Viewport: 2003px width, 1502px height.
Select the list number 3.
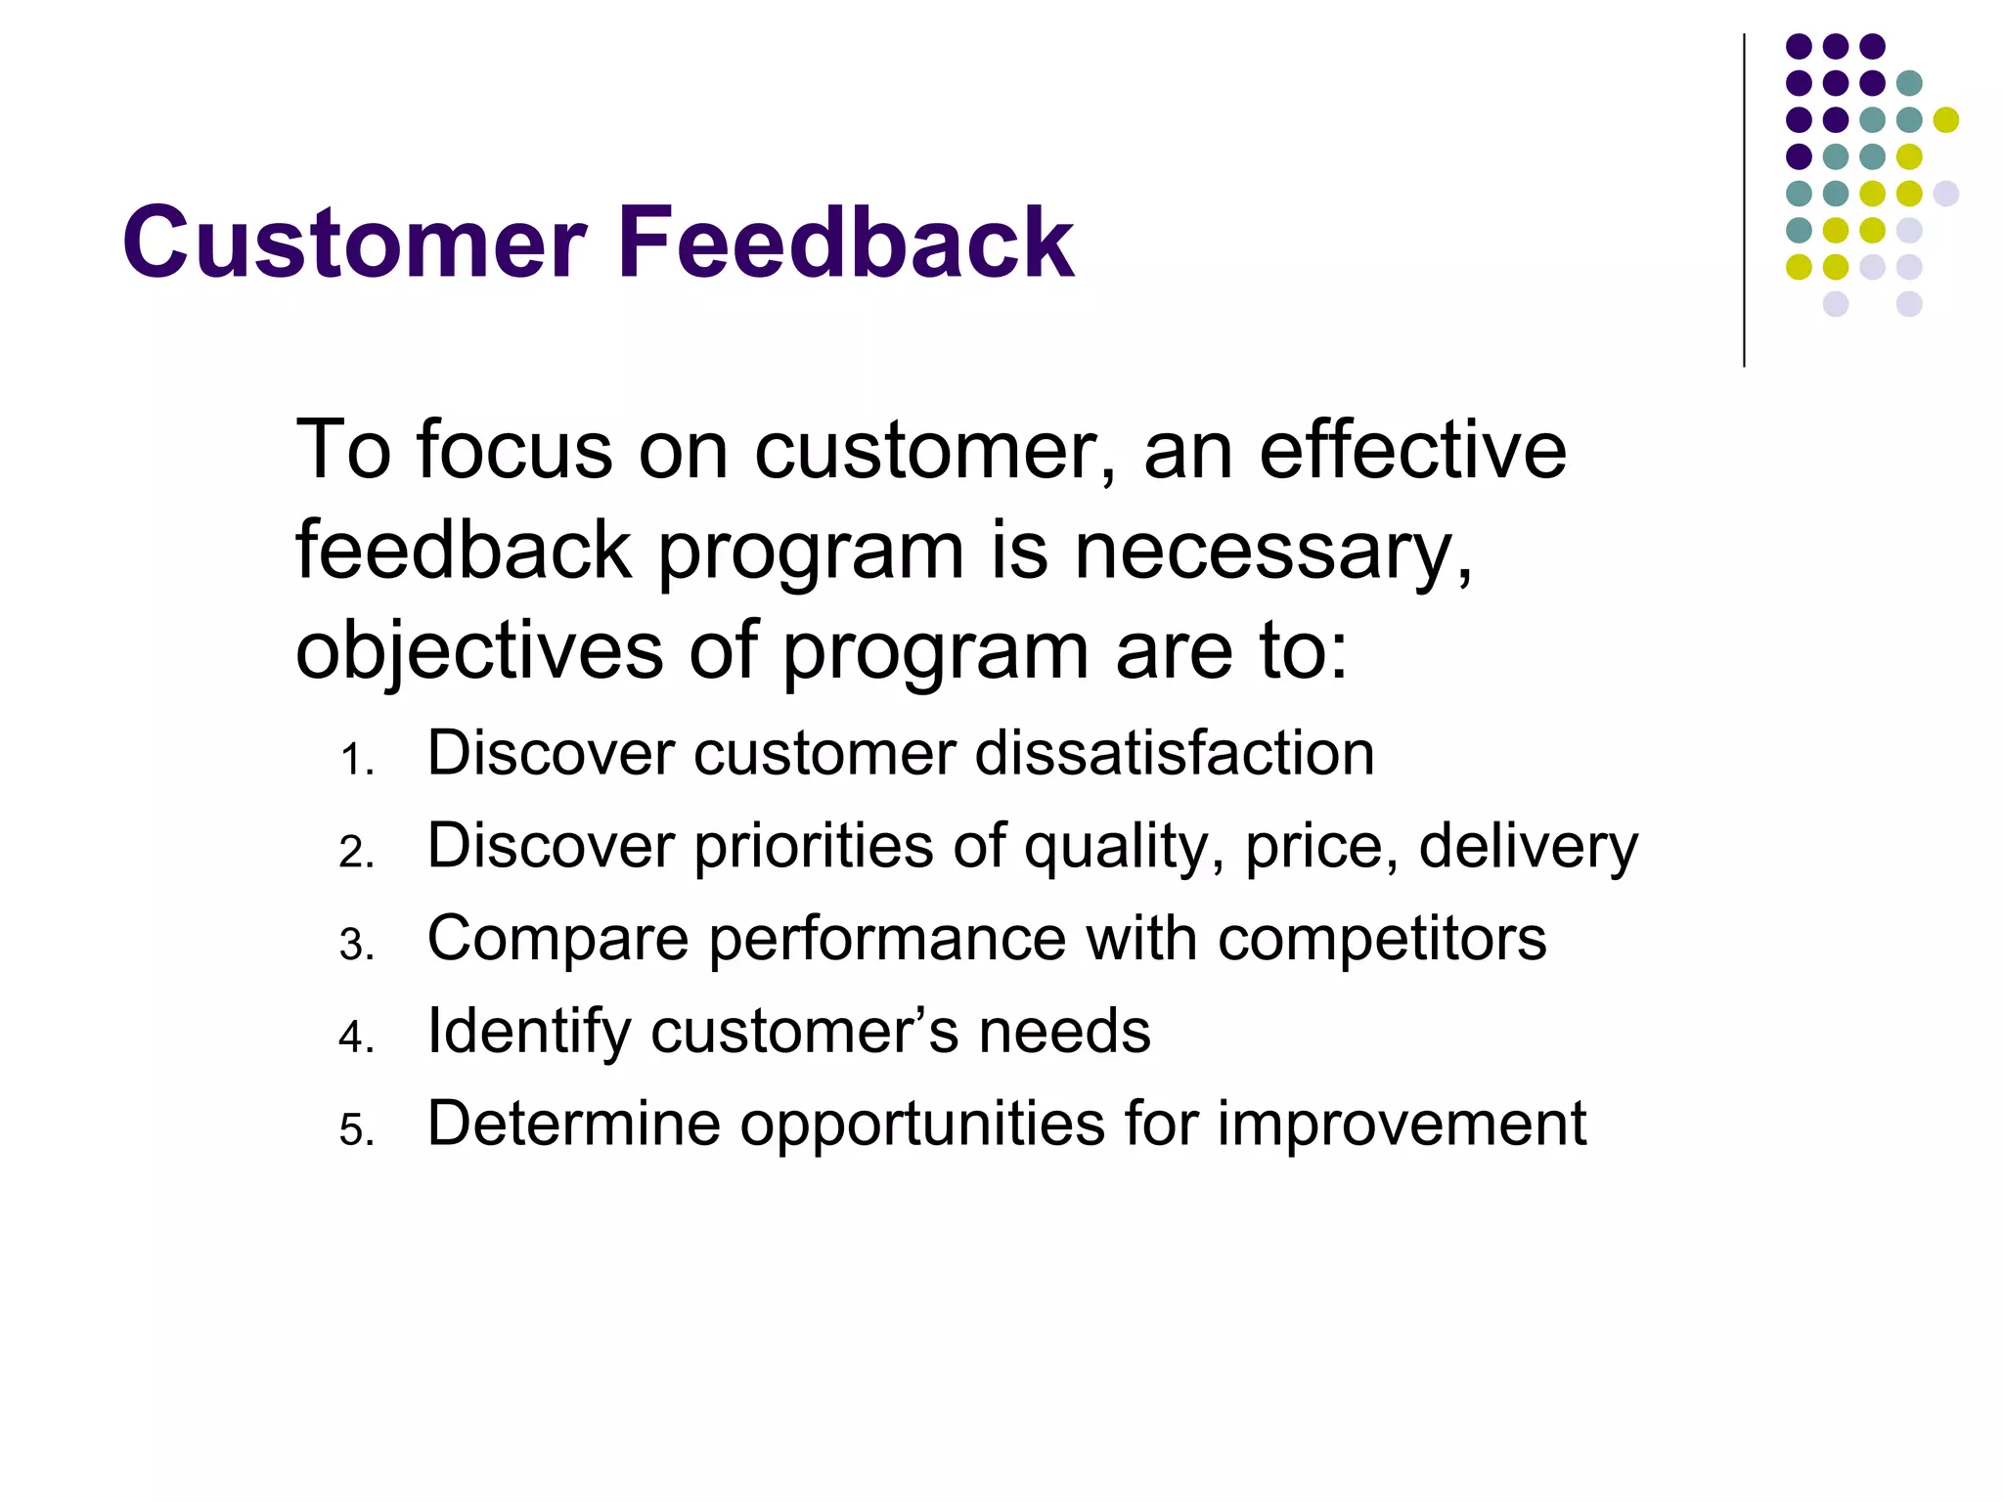pos(356,946)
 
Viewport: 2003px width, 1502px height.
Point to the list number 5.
pos(356,1130)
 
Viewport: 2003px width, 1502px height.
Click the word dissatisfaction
pos(1175,753)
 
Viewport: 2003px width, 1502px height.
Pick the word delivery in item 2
pos(1528,846)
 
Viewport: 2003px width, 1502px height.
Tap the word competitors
pos(1382,939)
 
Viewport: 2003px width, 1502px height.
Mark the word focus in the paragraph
pos(514,451)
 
